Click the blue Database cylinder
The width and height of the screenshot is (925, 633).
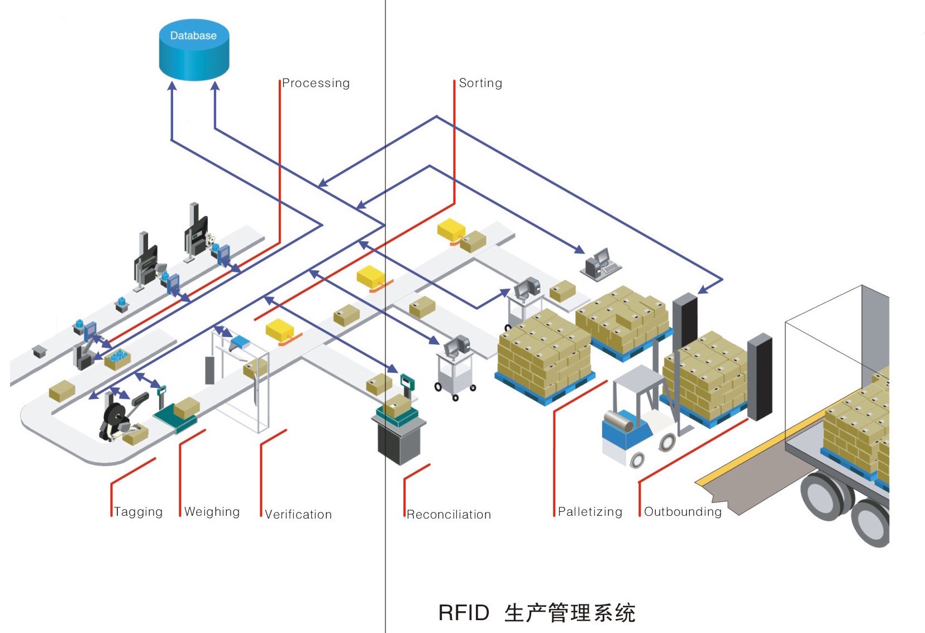click(x=194, y=50)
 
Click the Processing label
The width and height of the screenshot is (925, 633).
click(x=316, y=83)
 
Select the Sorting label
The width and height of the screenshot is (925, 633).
click(x=480, y=83)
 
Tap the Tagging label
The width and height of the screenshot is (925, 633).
click(x=139, y=512)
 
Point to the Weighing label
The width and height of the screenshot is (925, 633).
click(x=212, y=512)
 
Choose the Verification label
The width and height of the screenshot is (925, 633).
click(x=298, y=515)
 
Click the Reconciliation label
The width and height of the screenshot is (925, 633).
click(x=449, y=515)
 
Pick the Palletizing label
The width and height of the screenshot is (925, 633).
click(x=590, y=512)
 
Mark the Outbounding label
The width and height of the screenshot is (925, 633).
click(x=683, y=512)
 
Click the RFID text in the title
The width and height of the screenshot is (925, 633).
click(x=464, y=613)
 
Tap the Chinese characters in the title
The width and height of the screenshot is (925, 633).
click(x=570, y=613)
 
